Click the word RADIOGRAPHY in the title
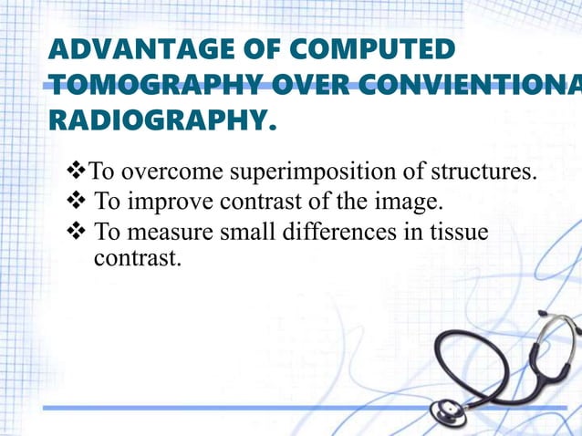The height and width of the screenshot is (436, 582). pos(160,119)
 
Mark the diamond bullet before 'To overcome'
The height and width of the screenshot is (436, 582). pos(76,171)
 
